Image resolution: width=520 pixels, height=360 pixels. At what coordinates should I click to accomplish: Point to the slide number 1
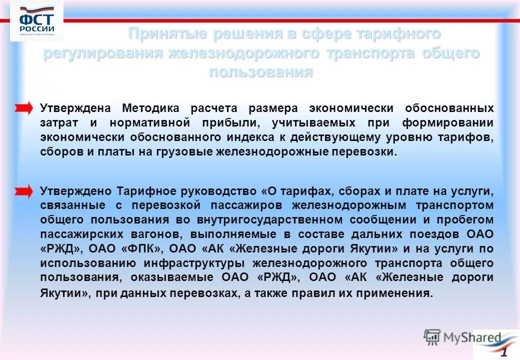504,351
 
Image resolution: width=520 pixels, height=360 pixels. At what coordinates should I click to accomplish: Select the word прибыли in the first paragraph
237,122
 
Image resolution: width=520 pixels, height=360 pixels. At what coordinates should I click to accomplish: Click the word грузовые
182,152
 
